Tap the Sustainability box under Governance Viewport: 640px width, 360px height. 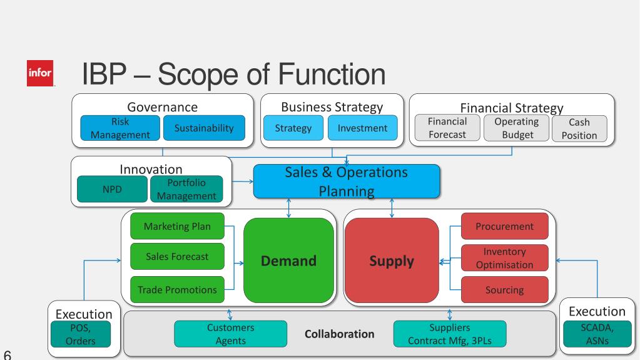(x=203, y=128)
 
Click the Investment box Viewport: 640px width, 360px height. (x=362, y=128)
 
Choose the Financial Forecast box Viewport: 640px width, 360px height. (x=448, y=128)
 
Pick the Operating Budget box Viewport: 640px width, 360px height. (x=516, y=128)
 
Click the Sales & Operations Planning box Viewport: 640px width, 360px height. (x=346, y=181)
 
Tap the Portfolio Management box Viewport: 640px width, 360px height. (x=186, y=189)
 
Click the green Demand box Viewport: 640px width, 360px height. (x=288, y=261)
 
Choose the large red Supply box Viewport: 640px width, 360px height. (x=390, y=261)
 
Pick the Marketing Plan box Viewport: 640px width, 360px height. (x=177, y=226)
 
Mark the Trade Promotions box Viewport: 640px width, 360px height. (x=177, y=290)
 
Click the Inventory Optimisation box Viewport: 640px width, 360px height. (x=504, y=258)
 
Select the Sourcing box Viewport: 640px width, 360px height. (x=504, y=290)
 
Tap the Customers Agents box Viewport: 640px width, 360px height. (x=230, y=334)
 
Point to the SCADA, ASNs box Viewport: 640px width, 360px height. (x=597, y=333)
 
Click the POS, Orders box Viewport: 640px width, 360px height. (x=81, y=334)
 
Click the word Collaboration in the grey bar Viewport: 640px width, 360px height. (x=339, y=334)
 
